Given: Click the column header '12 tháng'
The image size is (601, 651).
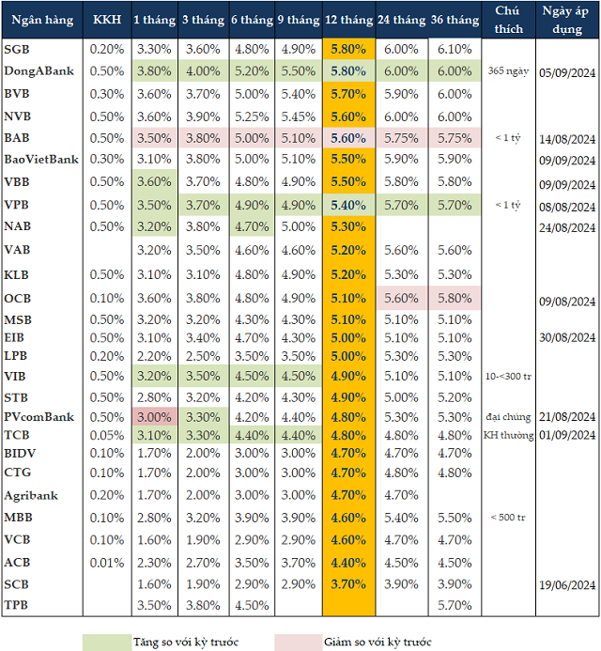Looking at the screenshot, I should pos(349,19).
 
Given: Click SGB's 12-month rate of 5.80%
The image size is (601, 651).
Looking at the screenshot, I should pos(349,49).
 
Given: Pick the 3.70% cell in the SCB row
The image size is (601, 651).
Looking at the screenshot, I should pos(349,584).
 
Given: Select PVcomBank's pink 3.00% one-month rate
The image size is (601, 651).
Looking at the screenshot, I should pos(153,416).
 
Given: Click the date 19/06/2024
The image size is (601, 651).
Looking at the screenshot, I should pos(568,584).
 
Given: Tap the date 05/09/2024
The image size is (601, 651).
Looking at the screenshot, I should pos(568,71).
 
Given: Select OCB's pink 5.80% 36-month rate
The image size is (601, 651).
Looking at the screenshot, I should pos(455,298).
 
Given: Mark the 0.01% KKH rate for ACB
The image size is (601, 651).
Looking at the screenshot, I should pos(108,563).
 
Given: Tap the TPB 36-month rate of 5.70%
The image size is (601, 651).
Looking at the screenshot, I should pos(455,606).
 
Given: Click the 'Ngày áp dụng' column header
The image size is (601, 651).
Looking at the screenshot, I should pos(568,19).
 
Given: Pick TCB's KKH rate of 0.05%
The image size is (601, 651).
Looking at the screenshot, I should pos(108,435).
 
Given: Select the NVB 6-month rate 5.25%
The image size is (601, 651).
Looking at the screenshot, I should pos(251,116).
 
